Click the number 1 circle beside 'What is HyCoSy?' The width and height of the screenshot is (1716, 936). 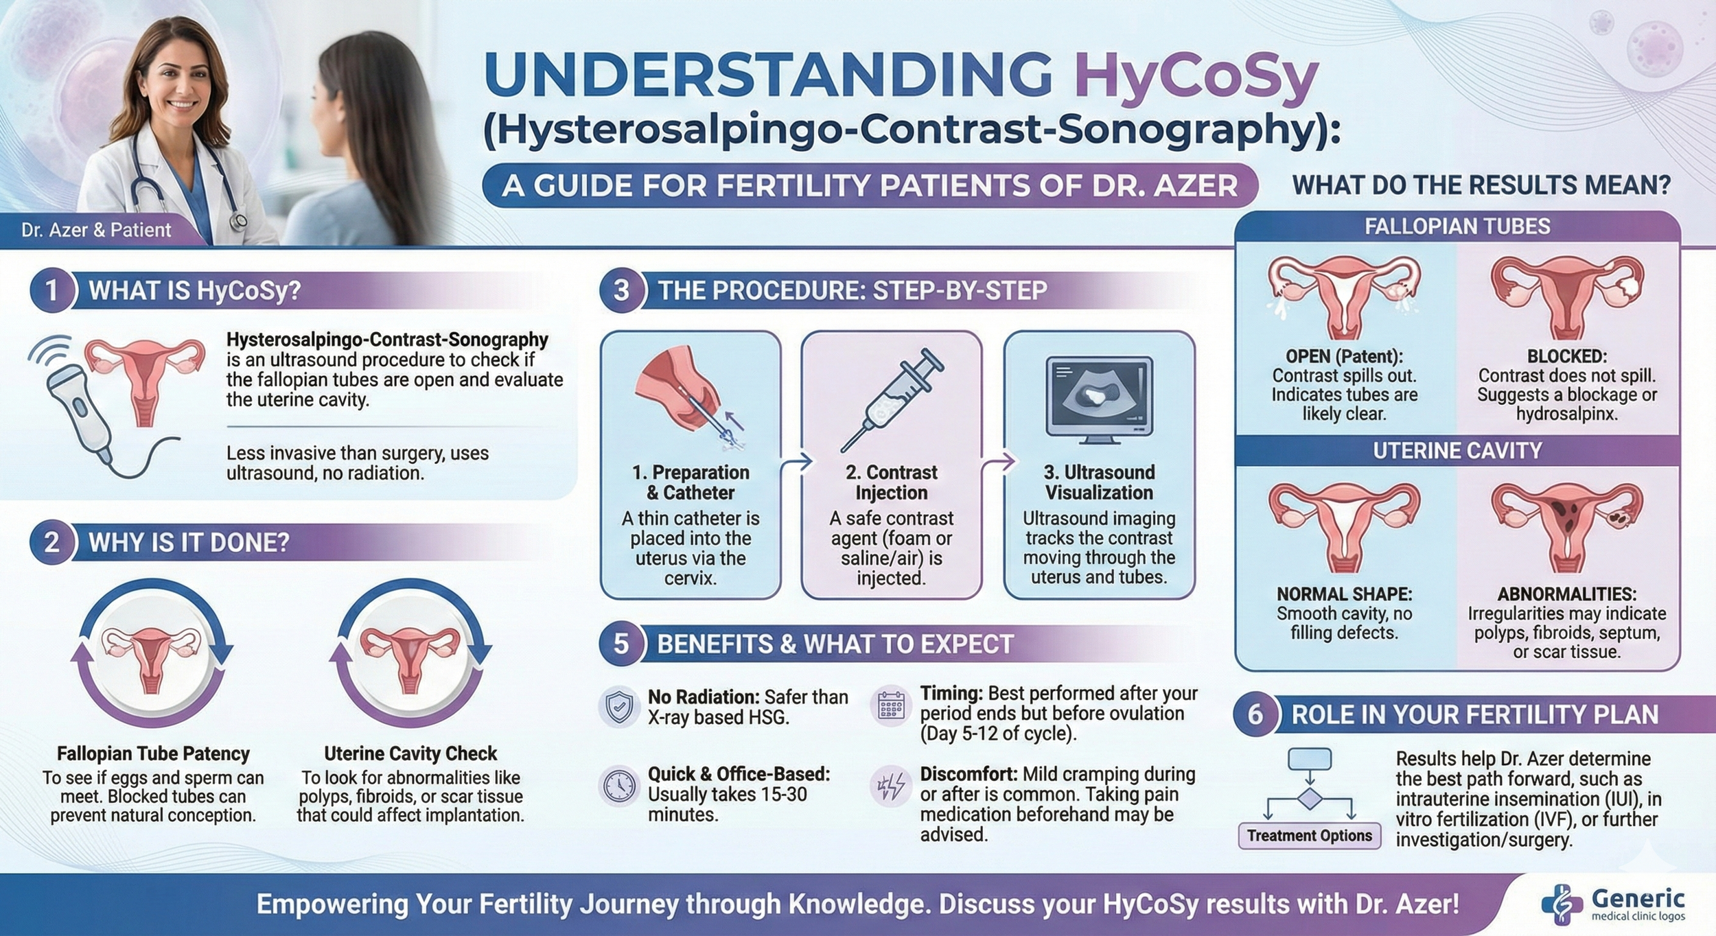pos(52,290)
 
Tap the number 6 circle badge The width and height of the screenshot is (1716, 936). pos(1255,714)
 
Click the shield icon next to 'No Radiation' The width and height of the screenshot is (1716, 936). pos(620,707)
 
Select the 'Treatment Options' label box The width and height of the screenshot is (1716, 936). pos(1310,835)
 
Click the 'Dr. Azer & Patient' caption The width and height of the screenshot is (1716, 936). pos(96,230)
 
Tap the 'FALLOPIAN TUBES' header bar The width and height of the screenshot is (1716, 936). pos(1457,226)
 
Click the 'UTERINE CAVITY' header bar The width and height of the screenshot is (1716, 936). pos(1457,451)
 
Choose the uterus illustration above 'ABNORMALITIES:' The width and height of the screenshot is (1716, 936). pos(1567,525)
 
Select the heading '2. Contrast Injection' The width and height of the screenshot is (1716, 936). pos(892,482)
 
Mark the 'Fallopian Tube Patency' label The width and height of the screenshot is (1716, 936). pos(153,753)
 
